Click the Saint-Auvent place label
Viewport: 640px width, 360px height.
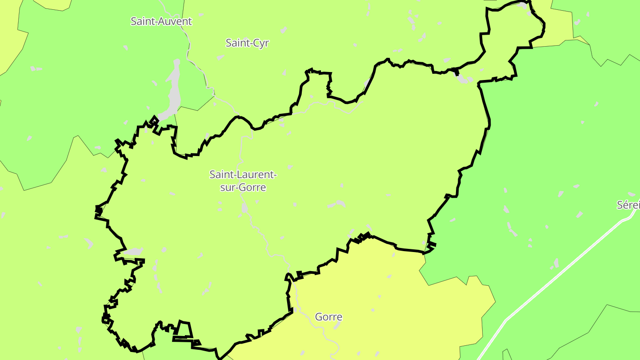(161, 21)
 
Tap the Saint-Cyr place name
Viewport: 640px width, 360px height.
(247, 43)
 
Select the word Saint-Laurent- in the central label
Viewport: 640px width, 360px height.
(243, 175)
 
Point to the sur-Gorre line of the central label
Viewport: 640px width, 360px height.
(243, 188)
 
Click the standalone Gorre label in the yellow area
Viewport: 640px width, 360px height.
(328, 317)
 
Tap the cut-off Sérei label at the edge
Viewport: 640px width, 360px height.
(628, 205)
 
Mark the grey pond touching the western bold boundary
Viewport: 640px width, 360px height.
(132, 252)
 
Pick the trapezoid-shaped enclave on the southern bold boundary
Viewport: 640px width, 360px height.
(184, 329)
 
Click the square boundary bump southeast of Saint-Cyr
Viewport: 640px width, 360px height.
(320, 82)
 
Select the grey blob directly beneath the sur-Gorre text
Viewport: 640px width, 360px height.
(244, 208)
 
